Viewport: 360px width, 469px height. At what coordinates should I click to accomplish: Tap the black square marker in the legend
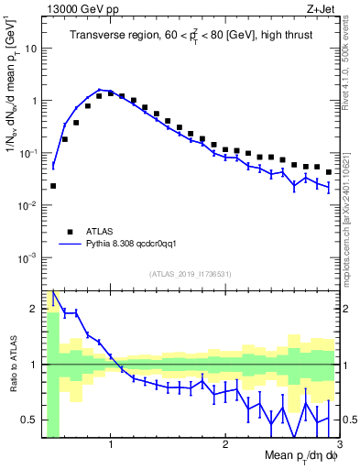70,232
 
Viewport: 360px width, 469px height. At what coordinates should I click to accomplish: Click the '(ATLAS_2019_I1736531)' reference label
191,273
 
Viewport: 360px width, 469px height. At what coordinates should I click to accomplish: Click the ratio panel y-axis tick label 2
34,308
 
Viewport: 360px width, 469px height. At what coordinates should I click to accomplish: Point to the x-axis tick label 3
339,445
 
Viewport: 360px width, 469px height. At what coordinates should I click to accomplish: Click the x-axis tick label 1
111,445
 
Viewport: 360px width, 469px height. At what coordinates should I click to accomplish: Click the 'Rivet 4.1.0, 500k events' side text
351,65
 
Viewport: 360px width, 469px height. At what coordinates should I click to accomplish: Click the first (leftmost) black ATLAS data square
53,186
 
